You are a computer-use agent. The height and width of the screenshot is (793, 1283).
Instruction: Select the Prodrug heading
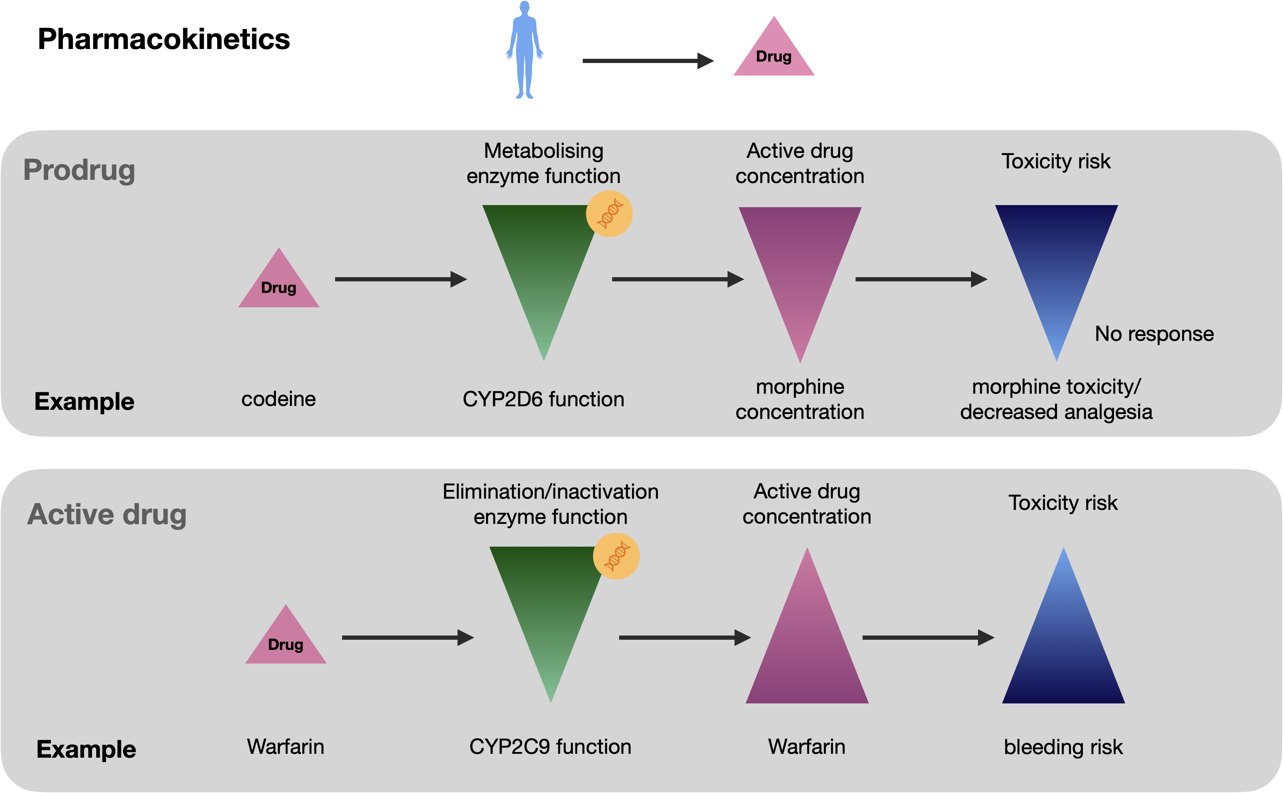click(79, 170)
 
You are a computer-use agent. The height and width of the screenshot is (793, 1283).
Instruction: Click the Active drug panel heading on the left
click(107, 514)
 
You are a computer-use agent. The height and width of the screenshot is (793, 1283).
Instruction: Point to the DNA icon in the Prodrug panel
click(609, 214)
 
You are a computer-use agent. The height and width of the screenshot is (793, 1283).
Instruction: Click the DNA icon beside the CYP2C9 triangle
click(616, 556)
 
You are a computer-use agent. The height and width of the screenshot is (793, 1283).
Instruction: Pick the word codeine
click(278, 399)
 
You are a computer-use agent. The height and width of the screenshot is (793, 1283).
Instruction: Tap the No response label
click(1154, 334)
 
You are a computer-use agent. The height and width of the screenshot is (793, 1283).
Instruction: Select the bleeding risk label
click(1063, 747)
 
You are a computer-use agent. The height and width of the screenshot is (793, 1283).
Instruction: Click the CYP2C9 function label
click(550, 746)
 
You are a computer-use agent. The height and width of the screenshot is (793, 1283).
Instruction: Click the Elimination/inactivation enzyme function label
click(550, 504)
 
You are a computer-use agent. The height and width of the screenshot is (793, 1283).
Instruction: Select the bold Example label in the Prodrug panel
click(84, 401)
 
